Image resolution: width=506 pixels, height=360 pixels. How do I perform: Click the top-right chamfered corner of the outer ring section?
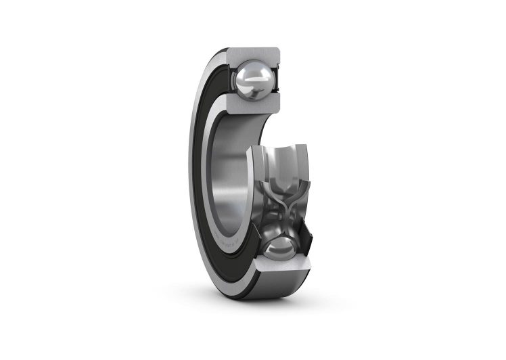(x=278, y=50)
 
